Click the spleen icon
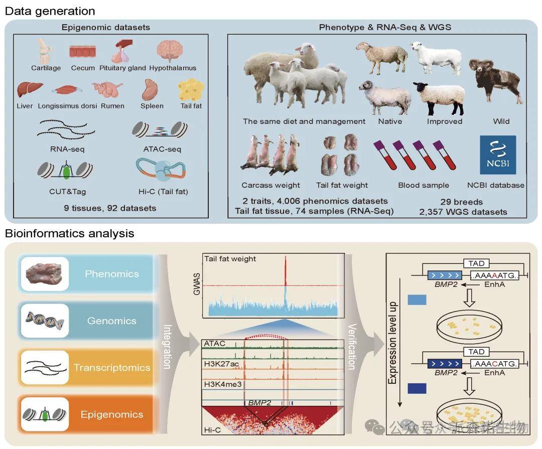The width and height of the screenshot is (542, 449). (151, 90)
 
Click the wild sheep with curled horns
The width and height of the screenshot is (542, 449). (495, 83)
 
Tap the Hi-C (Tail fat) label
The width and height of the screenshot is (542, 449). (159, 191)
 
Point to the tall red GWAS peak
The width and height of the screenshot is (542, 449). (285, 271)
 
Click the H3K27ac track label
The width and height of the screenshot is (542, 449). (221, 364)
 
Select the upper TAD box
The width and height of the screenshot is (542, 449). (473, 263)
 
